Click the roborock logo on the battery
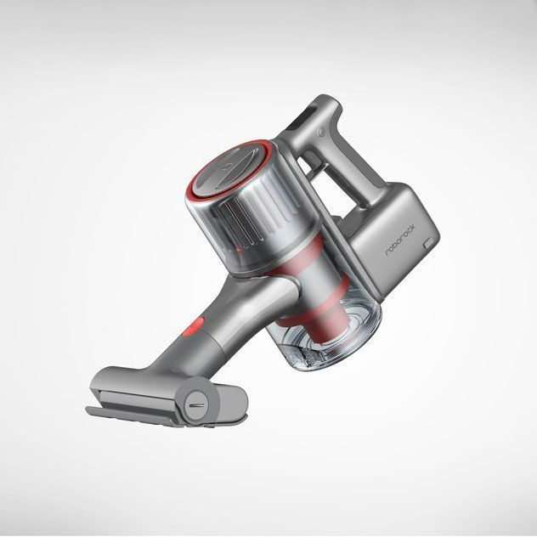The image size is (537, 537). [400, 240]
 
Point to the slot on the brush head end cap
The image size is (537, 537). [196, 405]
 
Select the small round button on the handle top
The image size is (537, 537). [321, 131]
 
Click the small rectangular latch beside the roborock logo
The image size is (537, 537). [428, 244]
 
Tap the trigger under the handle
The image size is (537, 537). [313, 164]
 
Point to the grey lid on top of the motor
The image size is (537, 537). [229, 167]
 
